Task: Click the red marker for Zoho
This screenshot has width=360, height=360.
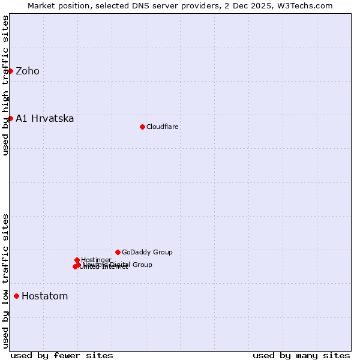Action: click(10, 71)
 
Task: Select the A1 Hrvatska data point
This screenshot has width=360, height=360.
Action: click(10, 118)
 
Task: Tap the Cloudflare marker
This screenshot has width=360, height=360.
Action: click(142, 127)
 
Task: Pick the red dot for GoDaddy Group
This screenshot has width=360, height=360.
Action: click(118, 252)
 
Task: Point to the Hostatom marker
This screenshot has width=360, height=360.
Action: click(16, 296)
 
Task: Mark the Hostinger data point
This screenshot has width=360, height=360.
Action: click(77, 260)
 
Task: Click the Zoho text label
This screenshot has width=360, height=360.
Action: click(28, 71)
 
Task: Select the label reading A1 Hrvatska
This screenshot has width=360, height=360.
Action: click(45, 118)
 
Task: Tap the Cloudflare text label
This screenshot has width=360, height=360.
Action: click(163, 127)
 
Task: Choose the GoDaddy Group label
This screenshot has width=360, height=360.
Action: click(147, 252)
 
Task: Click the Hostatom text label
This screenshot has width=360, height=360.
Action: click(45, 296)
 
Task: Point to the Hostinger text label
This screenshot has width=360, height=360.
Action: click(97, 260)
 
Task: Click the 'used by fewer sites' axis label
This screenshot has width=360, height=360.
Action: click(62, 355)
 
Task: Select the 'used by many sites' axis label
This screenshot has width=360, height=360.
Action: click(301, 355)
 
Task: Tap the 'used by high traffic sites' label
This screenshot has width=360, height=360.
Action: click(5, 85)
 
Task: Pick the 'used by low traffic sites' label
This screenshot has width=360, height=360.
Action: click(5, 281)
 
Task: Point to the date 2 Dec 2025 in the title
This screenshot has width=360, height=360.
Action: click(257, 5)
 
